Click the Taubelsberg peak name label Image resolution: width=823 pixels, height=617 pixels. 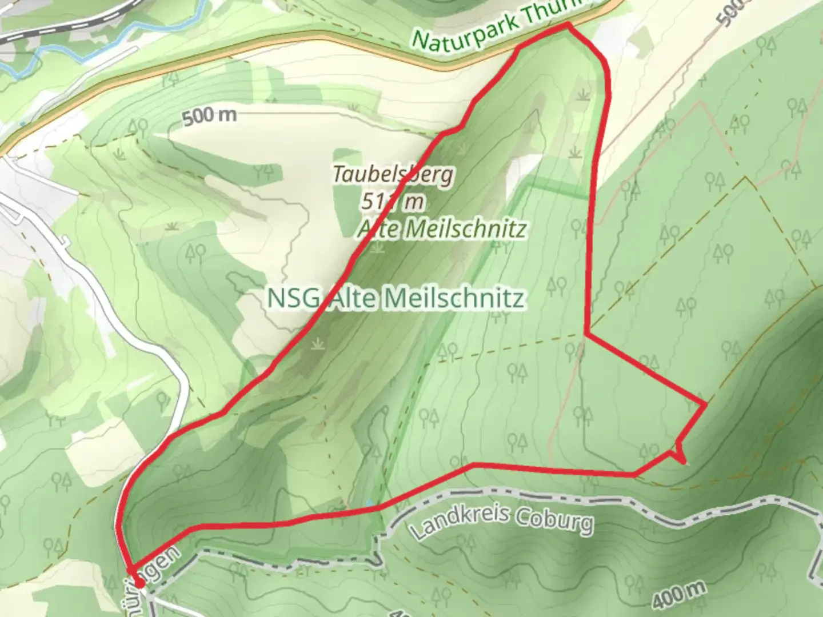click(393, 174)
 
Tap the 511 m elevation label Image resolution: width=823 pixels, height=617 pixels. click(393, 201)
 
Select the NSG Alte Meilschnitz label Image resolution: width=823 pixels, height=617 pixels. click(395, 298)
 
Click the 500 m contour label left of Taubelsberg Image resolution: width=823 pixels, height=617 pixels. click(209, 116)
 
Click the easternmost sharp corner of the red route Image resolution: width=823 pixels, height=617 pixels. click(705, 404)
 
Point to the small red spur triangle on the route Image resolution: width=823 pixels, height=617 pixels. click(680, 454)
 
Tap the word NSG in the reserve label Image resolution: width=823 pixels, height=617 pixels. click(290, 298)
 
